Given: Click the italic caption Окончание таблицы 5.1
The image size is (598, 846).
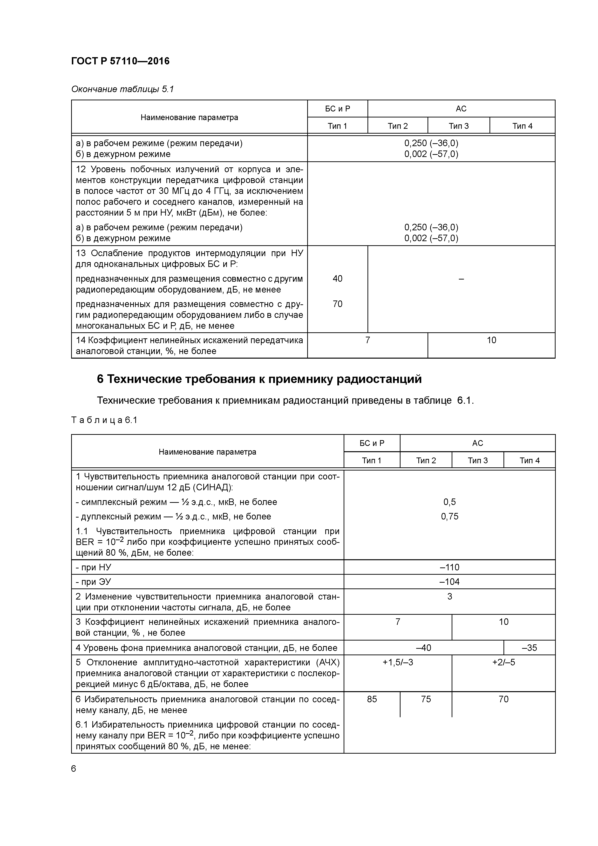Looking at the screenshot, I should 122,89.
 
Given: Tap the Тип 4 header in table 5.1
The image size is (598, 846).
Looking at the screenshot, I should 522,126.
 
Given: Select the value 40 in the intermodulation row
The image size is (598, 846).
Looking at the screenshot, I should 337,279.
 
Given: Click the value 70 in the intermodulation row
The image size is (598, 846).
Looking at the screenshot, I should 337,304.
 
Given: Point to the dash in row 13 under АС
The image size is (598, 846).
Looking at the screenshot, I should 461,279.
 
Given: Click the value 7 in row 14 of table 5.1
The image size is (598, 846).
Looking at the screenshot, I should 367,340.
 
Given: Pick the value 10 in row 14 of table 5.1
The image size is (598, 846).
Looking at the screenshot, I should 491,340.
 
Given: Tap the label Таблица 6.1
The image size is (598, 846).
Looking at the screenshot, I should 104,420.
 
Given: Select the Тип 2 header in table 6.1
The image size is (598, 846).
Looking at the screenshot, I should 426,461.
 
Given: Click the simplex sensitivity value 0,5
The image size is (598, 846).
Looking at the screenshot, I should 449,502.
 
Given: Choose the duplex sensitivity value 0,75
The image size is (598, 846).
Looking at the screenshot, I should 449,516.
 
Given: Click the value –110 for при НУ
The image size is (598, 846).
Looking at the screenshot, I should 449,567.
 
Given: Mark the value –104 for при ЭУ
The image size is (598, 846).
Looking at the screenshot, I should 449,582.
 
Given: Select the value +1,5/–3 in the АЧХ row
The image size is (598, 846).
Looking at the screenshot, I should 398,662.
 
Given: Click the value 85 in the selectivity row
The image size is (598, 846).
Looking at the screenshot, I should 372,699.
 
